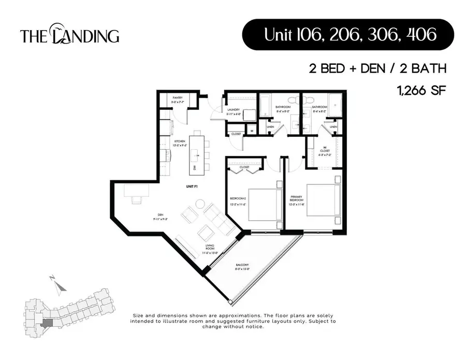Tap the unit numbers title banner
click(x=348, y=35)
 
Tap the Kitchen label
click(x=180, y=143)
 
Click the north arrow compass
click(x=59, y=284)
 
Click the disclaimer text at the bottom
click(x=234, y=321)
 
